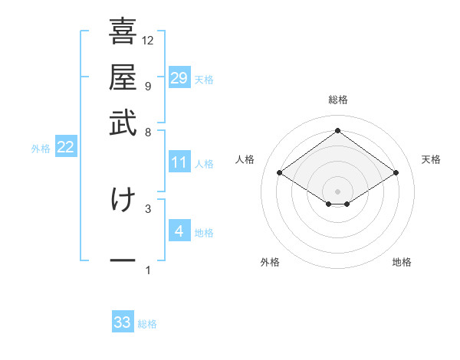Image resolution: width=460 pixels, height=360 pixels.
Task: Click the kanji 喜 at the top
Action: click(123, 32)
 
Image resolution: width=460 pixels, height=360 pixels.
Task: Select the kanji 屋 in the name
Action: click(123, 77)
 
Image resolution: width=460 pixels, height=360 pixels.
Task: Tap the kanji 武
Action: click(123, 123)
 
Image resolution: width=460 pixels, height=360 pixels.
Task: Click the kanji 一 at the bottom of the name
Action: click(123, 261)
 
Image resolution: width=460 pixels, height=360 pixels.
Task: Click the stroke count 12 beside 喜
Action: click(148, 40)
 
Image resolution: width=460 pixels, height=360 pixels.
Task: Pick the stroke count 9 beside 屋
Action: click(147, 86)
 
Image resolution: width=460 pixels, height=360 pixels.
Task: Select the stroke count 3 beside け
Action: click(147, 208)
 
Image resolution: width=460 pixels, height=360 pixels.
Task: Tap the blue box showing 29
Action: click(179, 78)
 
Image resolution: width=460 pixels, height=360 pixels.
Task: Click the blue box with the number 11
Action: click(179, 162)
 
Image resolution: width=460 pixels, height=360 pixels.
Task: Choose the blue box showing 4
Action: click(179, 231)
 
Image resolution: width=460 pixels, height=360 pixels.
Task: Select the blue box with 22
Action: click(66, 148)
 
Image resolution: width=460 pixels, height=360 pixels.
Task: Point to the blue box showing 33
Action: click(123, 322)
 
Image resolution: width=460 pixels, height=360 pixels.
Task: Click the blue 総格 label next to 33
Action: click(147, 324)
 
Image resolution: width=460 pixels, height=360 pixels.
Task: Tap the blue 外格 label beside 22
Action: click(41, 149)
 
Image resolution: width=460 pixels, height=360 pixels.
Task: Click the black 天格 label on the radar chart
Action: click(431, 159)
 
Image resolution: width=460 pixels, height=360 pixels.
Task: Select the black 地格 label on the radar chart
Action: click(402, 262)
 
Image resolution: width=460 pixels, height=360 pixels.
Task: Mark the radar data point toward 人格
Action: click(280, 173)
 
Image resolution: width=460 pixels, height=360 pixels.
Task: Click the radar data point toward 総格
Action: click(337, 131)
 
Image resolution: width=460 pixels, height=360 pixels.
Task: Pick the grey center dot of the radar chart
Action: click(337, 191)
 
